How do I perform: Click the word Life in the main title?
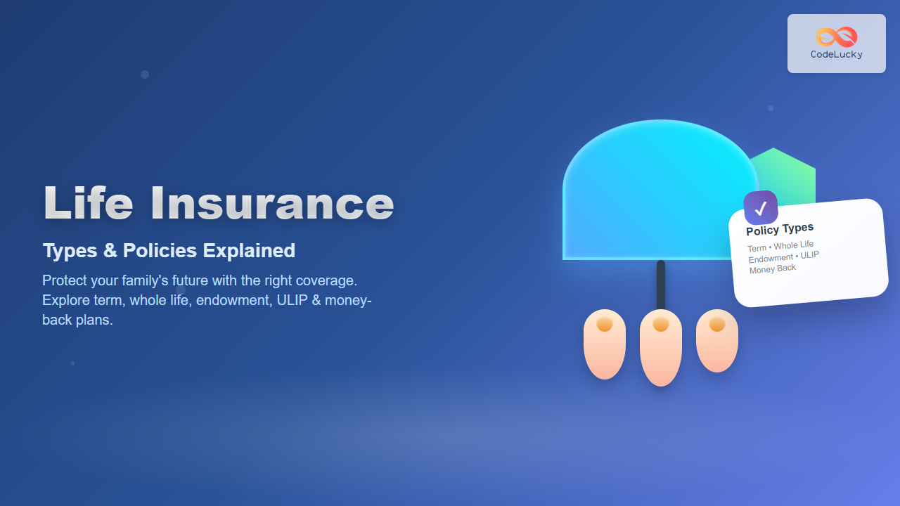point(89,203)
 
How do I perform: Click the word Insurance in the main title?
point(272,203)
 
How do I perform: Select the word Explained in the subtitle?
point(249,251)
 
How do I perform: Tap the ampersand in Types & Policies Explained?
point(110,251)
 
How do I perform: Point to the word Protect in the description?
point(65,280)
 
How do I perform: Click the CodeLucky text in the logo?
point(837,54)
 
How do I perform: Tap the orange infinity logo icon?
point(837,37)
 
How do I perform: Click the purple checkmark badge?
point(761,207)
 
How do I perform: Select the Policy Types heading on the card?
point(780,229)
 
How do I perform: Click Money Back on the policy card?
point(773,268)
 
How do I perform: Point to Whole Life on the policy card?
point(794,245)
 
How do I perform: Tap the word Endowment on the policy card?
point(771,258)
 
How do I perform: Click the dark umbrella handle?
point(661,285)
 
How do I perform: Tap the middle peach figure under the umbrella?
point(661,348)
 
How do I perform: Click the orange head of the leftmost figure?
point(605,324)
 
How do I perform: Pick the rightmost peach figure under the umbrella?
point(717,341)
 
